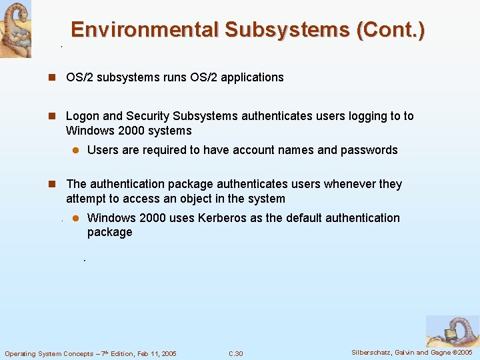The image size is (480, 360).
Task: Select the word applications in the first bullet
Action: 252,77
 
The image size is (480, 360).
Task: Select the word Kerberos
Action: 219,218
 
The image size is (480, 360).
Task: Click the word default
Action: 297,218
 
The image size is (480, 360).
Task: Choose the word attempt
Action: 85,199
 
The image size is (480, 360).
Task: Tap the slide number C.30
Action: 235,353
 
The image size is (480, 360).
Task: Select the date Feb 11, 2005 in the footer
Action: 153,353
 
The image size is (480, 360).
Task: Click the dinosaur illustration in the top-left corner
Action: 15,29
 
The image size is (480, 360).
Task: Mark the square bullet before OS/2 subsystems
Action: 51,77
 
